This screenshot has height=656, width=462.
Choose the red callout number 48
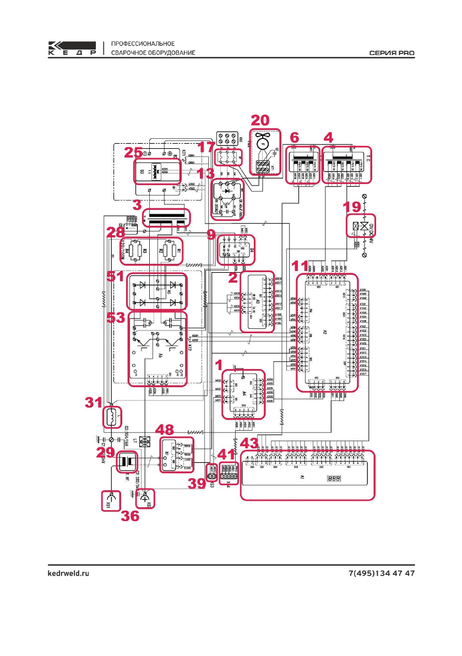click(x=167, y=430)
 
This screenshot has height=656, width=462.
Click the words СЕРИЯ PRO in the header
click(x=392, y=53)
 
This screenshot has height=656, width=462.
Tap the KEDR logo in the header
click(x=72, y=48)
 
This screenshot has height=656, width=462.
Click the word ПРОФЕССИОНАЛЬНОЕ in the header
click(x=143, y=44)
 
